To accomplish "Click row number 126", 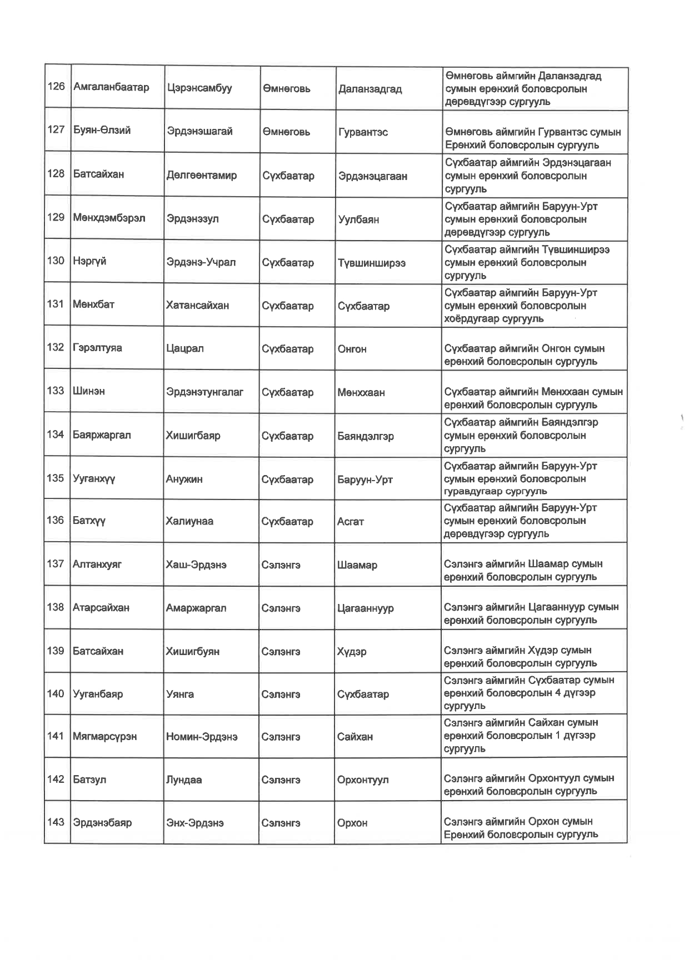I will pyautogui.click(x=56, y=87).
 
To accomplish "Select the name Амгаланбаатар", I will pyautogui.click(x=111, y=87).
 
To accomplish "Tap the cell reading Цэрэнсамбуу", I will pyautogui.click(x=199, y=88).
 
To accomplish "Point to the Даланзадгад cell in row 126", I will pyautogui.click(x=370, y=89).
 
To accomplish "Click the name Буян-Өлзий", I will pyautogui.click(x=102, y=131).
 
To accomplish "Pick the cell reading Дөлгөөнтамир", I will pyautogui.click(x=201, y=176).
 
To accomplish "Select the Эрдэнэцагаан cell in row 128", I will pyautogui.click(x=373, y=176).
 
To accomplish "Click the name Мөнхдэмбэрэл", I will pyautogui.click(x=109, y=218).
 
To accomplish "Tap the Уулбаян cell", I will pyautogui.click(x=358, y=219).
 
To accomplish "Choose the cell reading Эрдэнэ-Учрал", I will pyautogui.click(x=201, y=262).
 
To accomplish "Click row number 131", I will pyautogui.click(x=56, y=304).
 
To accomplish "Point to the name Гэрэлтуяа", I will pyautogui.click(x=97, y=348).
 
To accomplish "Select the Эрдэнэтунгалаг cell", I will pyautogui.click(x=204, y=392).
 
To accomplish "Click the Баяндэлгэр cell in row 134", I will pyautogui.click(x=366, y=436).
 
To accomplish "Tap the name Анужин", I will pyautogui.click(x=184, y=479).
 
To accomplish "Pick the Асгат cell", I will pyautogui.click(x=350, y=522).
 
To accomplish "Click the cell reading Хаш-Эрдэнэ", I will pyautogui.click(x=196, y=565).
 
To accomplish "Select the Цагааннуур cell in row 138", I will pyautogui.click(x=365, y=608).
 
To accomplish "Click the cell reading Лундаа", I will pyautogui.click(x=184, y=780).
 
